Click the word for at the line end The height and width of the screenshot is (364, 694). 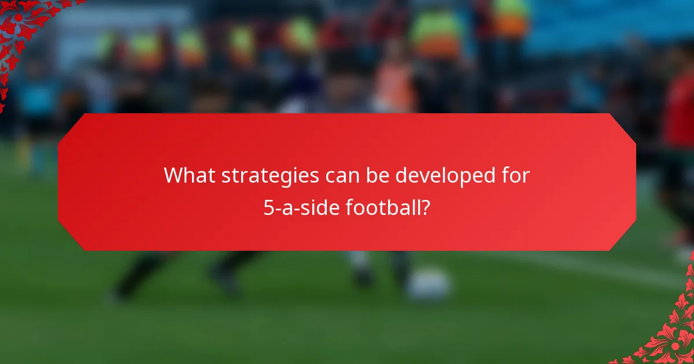(x=516, y=176)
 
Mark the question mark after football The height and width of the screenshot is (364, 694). (x=426, y=207)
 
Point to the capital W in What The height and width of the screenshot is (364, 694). (x=173, y=176)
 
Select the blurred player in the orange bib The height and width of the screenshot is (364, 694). (x=394, y=87)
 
